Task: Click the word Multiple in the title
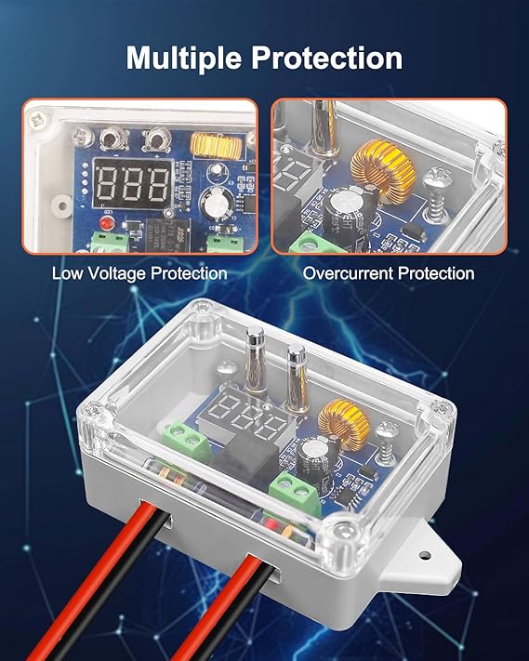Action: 184,59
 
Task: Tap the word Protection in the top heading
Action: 327,58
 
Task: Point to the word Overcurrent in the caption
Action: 348,273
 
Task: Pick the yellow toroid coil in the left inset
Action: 216,144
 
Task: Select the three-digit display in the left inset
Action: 132,184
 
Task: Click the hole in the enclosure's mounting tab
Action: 425,554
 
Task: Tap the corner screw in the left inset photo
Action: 37,119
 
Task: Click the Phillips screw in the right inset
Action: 435,193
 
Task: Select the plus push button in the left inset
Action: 157,139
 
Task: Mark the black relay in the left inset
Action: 167,235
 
